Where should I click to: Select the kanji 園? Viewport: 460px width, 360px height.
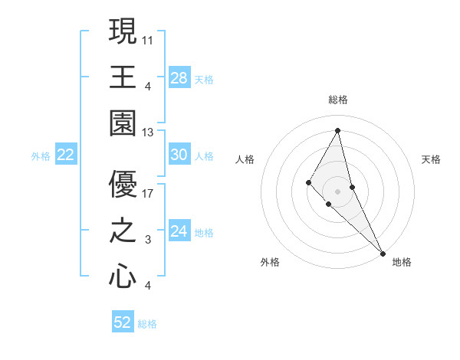coord(123,123)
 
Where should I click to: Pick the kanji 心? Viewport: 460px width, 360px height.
coord(123,276)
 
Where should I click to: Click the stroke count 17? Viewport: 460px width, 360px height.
coord(149,195)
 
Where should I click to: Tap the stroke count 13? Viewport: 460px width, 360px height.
coord(149,133)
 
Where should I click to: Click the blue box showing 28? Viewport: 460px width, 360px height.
coord(179,77)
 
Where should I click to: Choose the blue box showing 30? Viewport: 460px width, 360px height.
coord(179,155)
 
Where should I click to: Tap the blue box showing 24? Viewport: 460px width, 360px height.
coord(179,231)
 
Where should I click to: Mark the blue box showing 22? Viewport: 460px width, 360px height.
coord(65,155)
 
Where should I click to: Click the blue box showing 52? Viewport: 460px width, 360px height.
coord(123,322)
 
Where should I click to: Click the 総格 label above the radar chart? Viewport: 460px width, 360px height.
coord(337,100)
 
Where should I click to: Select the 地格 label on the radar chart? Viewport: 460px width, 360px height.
coord(402,262)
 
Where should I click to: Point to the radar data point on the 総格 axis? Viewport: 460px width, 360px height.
coord(337,129)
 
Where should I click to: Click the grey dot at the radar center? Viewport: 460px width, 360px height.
coord(337,191)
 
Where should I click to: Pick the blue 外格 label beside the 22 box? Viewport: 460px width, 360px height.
coord(41,156)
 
